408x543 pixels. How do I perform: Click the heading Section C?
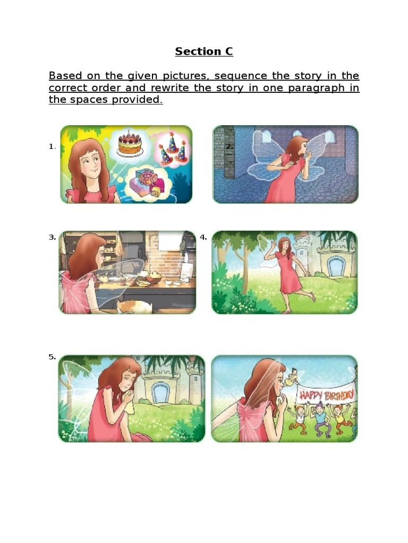click(x=204, y=51)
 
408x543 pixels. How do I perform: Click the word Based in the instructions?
click(x=65, y=75)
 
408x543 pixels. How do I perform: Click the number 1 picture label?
click(x=52, y=146)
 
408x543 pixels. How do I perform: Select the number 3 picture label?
click(x=52, y=238)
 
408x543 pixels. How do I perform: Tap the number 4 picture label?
click(x=203, y=238)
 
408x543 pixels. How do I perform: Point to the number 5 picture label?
click(x=52, y=357)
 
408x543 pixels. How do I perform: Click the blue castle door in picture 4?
click(x=336, y=266)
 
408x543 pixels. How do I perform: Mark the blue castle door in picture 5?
click(x=160, y=393)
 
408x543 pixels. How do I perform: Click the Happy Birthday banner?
click(x=325, y=395)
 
